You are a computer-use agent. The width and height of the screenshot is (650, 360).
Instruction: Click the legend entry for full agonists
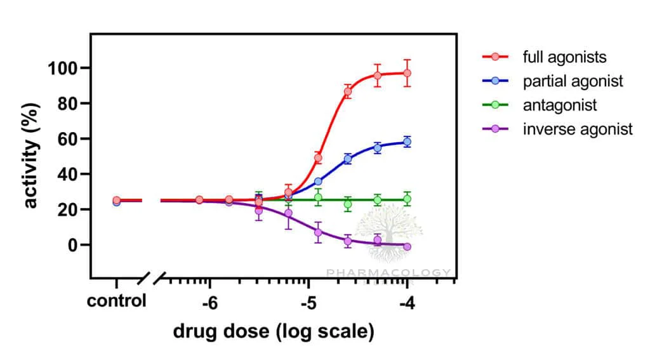564,57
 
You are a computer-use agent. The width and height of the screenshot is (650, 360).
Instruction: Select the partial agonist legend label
573,81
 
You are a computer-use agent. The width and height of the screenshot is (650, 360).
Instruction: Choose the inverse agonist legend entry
578,130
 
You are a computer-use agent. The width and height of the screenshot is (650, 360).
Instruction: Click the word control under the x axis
117,300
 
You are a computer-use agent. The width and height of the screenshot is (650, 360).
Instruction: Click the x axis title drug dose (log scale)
274,331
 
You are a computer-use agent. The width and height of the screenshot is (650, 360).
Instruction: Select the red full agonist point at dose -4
407,74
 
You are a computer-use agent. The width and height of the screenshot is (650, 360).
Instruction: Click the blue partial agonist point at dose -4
407,142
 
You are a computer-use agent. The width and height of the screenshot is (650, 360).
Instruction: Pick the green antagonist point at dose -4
407,199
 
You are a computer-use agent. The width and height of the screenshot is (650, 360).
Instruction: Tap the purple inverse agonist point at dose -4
407,246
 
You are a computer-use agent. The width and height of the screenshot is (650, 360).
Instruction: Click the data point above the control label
117,202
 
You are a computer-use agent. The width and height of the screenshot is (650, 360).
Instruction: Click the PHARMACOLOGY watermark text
388,273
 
